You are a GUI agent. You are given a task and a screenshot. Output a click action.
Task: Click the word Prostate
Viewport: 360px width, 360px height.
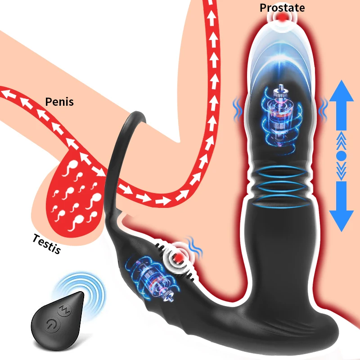(282, 8)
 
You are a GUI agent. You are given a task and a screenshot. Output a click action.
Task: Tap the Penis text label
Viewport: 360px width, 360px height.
(59, 102)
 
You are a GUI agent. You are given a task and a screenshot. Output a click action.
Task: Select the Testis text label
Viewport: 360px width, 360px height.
(47, 243)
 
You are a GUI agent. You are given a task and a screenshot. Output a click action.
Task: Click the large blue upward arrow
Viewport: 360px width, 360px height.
(342, 105)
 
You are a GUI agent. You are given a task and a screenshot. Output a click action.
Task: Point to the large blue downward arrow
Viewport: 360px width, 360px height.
(342, 206)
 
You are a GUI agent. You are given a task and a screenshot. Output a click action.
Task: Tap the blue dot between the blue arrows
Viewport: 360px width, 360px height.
(342, 156)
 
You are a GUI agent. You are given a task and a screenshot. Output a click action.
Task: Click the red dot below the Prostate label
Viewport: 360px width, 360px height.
(282, 18)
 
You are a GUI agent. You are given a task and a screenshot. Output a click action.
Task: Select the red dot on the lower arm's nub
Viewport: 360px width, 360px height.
(179, 257)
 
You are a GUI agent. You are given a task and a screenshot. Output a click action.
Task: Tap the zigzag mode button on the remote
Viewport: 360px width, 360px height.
(64, 310)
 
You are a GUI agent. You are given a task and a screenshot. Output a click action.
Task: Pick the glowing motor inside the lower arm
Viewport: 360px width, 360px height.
(150, 279)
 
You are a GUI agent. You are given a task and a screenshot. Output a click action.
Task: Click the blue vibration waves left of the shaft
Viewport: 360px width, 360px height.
(238, 109)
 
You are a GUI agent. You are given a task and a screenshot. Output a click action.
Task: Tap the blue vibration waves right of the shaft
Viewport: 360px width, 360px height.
(324, 109)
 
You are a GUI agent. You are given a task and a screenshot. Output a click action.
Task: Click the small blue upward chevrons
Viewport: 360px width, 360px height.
(342, 140)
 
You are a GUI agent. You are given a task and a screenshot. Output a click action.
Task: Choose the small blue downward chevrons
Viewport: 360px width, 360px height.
(342, 171)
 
